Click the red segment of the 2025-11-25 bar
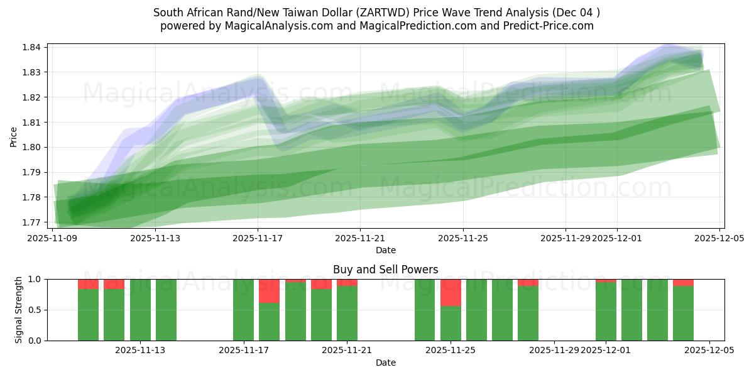[451, 292]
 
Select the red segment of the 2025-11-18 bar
[270, 291]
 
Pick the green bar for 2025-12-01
[606, 312]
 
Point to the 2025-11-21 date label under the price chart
[360, 239]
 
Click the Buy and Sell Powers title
[385, 270]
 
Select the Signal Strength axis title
[19, 310]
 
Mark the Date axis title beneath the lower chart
[385, 363]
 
